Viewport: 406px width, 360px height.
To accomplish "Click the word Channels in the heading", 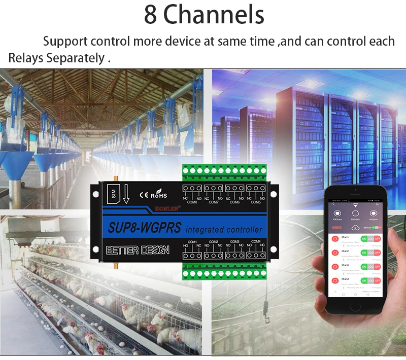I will tap(214, 15).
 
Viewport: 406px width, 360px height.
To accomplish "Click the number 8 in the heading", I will tap(150, 15).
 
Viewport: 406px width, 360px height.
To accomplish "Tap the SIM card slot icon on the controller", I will tap(113, 193).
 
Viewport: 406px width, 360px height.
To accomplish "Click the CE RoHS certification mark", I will tap(153, 194).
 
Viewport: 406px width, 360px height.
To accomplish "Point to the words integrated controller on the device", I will tap(224, 229).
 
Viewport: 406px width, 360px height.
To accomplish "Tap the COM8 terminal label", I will tap(192, 202).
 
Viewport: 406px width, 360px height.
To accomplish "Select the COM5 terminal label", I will tap(256, 202).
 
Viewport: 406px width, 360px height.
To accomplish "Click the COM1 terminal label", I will tap(192, 241).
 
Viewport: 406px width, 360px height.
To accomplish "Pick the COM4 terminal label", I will tap(256, 241).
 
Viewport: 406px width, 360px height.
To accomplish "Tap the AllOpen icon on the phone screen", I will tap(374, 213).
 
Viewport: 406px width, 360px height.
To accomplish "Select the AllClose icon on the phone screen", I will tap(337, 213).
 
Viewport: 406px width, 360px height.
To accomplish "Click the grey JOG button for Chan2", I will tap(370, 252).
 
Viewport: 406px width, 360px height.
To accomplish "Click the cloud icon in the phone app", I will tap(355, 228).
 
